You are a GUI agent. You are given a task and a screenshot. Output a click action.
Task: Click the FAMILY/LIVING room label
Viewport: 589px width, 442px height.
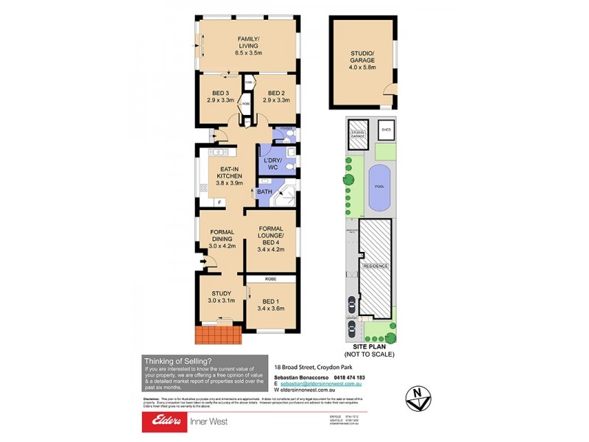[247, 46]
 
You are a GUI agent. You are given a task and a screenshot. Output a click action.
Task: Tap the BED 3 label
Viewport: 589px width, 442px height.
[220, 97]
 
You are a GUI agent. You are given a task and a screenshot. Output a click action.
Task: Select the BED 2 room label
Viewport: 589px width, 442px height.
[275, 97]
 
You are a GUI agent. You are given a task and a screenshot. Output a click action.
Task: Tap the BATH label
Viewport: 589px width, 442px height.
[264, 193]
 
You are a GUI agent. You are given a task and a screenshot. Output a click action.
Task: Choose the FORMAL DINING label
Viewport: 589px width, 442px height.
[222, 239]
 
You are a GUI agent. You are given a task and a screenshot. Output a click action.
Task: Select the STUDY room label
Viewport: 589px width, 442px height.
[221, 297]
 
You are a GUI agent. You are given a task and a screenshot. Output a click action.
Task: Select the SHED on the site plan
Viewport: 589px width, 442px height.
[386, 130]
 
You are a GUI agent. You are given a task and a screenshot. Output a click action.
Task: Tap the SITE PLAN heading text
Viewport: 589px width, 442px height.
[369, 351]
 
